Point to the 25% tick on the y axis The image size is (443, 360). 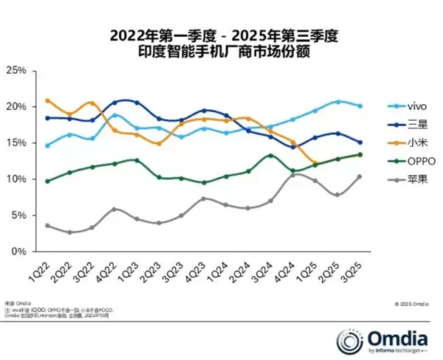(16, 71)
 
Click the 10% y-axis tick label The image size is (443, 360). (16, 179)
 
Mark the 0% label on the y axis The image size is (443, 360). (18, 252)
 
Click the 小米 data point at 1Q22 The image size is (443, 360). (48, 100)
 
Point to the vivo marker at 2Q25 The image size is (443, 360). (338, 102)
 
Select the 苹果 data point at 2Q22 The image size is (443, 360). (70, 232)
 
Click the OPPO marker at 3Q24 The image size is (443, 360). (271, 156)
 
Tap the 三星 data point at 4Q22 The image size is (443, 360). (114, 103)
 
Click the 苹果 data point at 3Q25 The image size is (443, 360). (360, 176)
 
